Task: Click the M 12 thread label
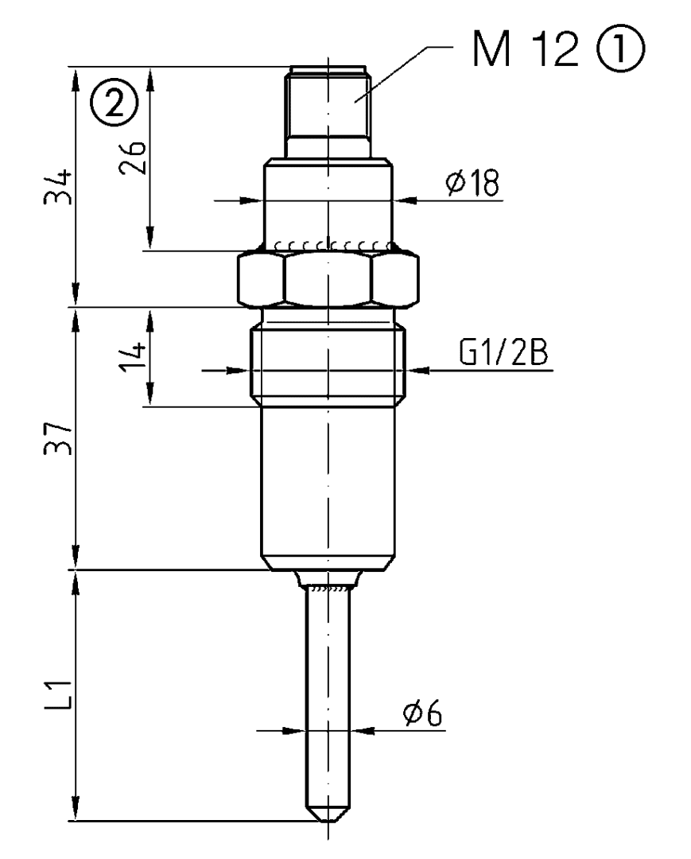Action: (x=526, y=50)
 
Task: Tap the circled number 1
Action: (x=620, y=49)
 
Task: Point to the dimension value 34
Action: (x=58, y=187)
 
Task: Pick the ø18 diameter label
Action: (x=472, y=182)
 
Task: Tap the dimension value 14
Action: (x=134, y=356)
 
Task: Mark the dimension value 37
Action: (x=59, y=438)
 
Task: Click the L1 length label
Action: (x=59, y=694)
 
